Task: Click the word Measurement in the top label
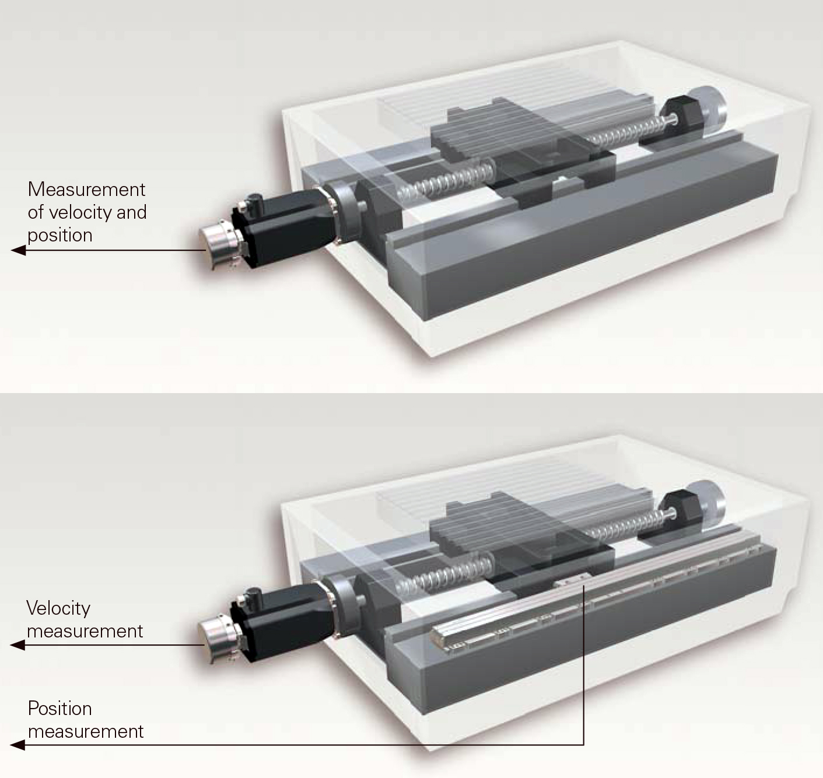point(86,190)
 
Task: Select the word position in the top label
point(60,235)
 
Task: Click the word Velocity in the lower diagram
point(58,608)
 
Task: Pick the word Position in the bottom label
point(60,709)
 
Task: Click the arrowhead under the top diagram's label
point(18,250)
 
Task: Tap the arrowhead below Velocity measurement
point(18,645)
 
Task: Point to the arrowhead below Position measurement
point(18,745)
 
